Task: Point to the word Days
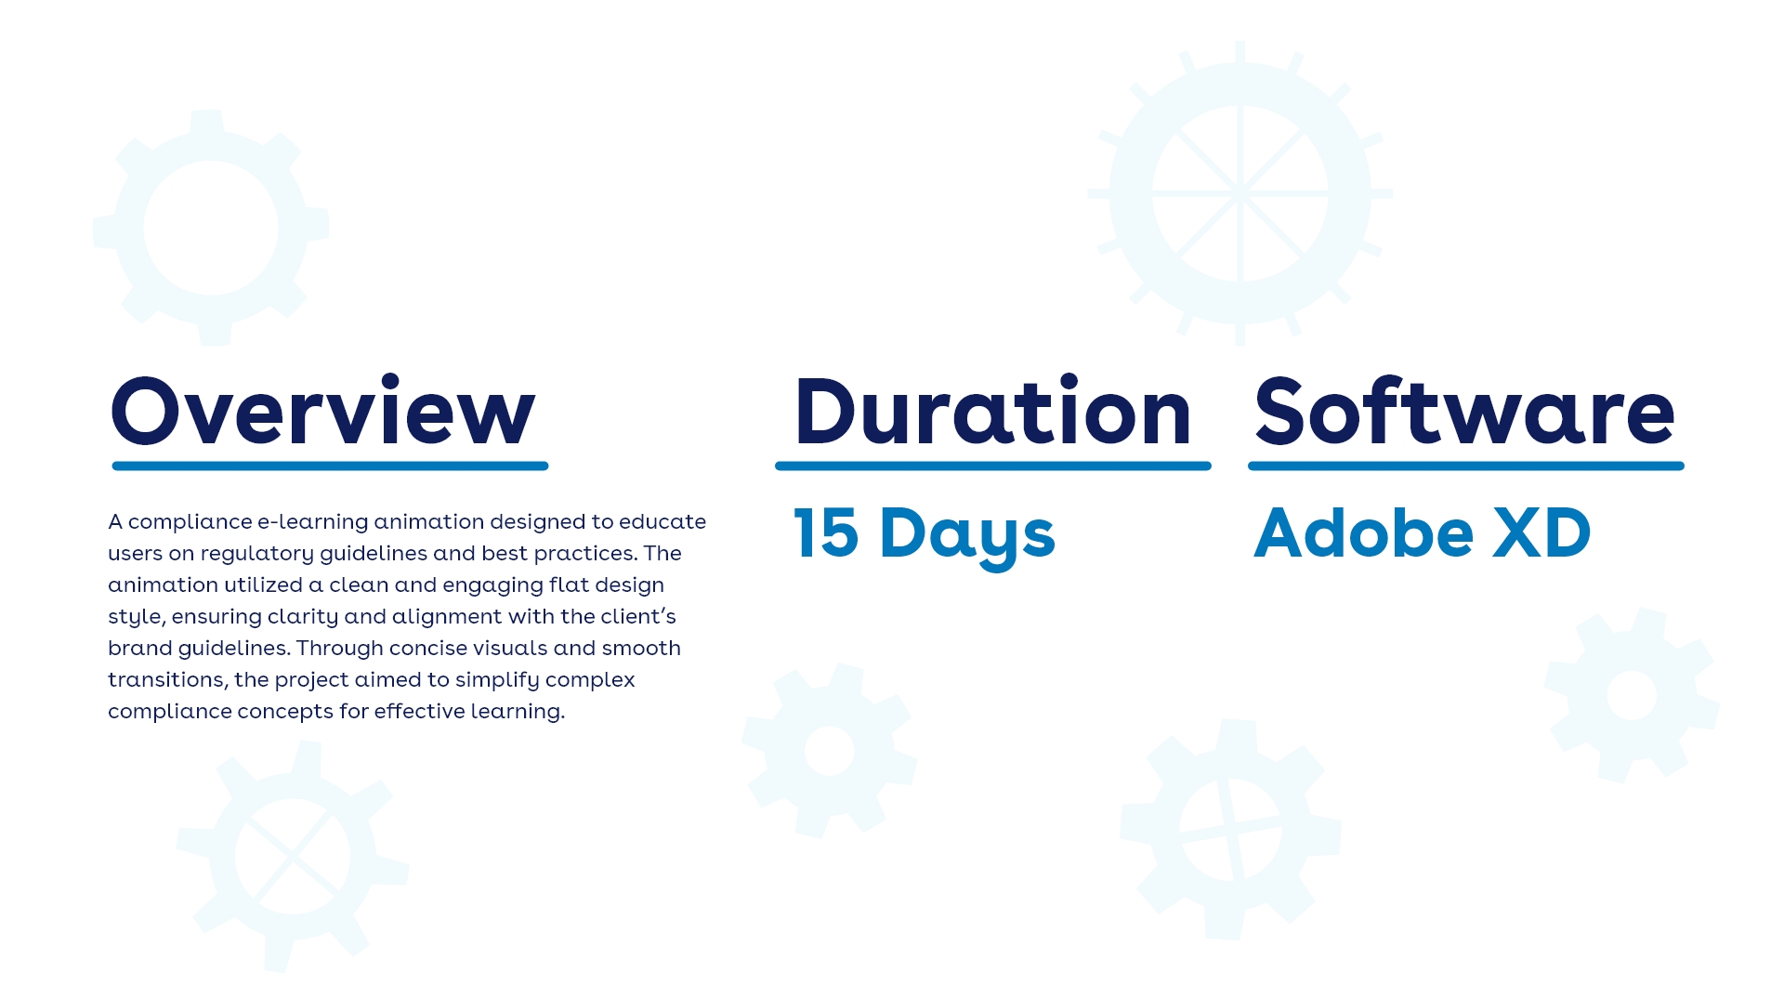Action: click(967, 537)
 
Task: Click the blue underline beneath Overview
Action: click(330, 466)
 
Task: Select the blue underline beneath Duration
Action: click(993, 466)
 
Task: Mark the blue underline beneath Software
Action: click(1466, 466)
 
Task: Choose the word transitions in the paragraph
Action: click(167, 680)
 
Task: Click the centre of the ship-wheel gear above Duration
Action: click(1240, 193)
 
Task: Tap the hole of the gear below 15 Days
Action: click(829, 751)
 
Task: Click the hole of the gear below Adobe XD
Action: click(1632, 695)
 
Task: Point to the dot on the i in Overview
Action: click(388, 381)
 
